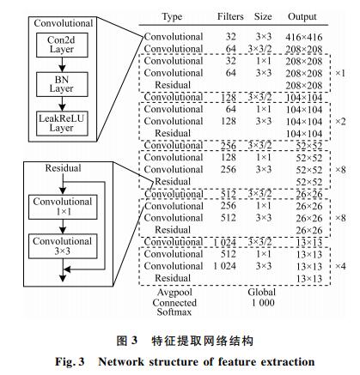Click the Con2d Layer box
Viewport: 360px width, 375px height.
coord(62,45)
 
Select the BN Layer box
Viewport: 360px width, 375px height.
coord(62,84)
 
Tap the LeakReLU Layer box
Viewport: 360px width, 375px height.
coord(62,124)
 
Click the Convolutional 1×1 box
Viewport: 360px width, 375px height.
coord(63,207)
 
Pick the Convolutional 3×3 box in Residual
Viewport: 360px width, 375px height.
coord(63,246)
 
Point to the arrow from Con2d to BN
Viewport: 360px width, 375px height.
coord(62,64)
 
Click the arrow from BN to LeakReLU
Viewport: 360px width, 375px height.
coord(62,104)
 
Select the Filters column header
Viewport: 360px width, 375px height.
coord(230,16)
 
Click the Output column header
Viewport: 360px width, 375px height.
coord(302,16)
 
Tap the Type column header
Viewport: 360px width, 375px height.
coord(172,17)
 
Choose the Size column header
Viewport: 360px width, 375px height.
coord(263,16)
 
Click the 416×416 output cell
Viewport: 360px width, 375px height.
coord(303,37)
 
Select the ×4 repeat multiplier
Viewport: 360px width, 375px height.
coord(340,266)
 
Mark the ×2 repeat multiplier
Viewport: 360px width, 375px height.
coord(340,122)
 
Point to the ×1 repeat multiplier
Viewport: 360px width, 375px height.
coord(340,73)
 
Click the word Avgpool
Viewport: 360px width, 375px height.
coord(174,293)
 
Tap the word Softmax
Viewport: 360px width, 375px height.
coord(174,311)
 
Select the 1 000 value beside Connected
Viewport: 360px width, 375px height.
coord(263,303)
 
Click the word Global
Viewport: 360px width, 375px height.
coord(262,293)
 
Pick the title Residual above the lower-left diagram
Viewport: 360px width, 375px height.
coord(63,168)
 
